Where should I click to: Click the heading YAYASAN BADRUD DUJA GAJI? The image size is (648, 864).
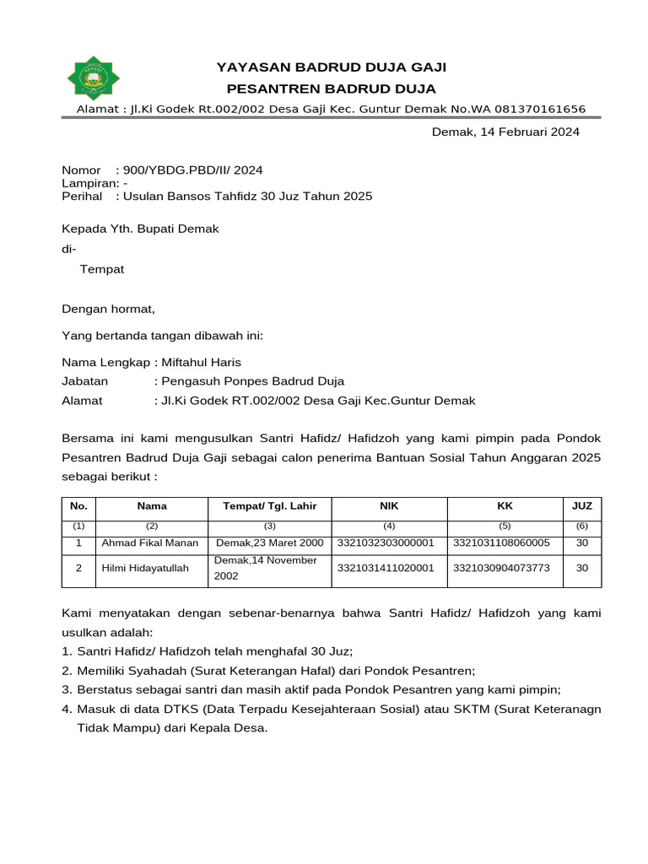[332, 67]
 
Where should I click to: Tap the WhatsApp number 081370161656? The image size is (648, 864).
[533, 109]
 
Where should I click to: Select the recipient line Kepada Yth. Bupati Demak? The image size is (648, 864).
[141, 229]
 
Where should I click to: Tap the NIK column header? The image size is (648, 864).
[389, 506]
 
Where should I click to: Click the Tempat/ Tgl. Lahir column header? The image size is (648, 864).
[269, 506]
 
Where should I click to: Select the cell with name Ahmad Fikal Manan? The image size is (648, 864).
[152, 543]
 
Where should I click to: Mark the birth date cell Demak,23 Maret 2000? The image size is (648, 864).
[269, 543]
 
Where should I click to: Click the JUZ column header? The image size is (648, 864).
[581, 506]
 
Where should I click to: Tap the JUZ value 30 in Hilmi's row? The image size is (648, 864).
[581, 569]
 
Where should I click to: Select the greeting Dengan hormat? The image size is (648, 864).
[109, 309]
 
